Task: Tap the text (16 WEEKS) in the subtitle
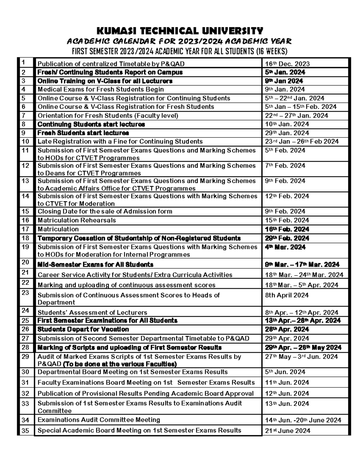coord(271,52)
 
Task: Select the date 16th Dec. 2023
coord(287,64)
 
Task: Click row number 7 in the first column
coord(24,116)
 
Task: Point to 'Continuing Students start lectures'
coord(91,124)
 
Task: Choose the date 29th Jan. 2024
coord(287,133)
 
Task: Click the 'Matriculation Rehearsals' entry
coord(76,220)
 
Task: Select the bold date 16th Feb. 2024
coord(287,229)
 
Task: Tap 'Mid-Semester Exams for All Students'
coord(95,265)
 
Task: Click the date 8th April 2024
coord(286,295)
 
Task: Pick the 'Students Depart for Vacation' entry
coord(83,329)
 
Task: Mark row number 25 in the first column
coord(25,320)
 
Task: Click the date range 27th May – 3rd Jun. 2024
coord(301,357)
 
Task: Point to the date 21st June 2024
coord(287,431)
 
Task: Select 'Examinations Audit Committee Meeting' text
coord(99,420)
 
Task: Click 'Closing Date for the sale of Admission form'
coord(105,212)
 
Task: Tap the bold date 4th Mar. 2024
coord(285,247)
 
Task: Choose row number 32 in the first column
coord(25,393)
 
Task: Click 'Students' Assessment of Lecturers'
coord(92,313)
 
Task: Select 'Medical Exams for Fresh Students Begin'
coord(100,89)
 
